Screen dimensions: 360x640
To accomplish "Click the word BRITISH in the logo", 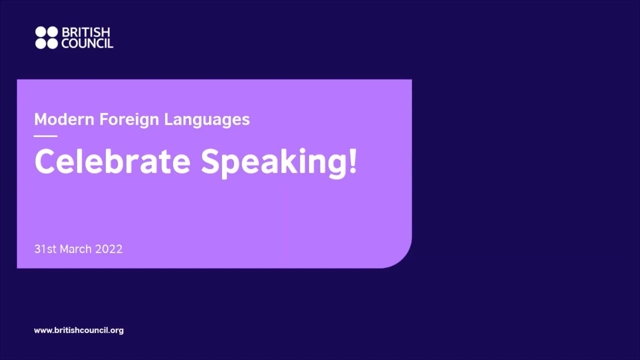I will tap(86, 32).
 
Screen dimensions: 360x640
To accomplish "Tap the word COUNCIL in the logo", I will tap(87, 44).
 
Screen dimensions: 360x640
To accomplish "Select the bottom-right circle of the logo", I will tap(52, 44).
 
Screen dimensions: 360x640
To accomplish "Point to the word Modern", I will tap(64, 119).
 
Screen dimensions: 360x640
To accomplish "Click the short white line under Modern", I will tap(46, 136).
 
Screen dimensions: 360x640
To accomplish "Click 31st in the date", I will tap(45, 249).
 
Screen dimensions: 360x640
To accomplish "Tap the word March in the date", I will tap(76, 249).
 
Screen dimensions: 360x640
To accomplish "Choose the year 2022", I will tap(109, 249).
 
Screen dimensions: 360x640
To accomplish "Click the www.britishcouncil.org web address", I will tap(79, 330).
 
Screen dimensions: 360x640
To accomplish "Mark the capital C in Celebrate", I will tap(45, 161).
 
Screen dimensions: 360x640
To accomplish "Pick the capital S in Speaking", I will tap(211, 161).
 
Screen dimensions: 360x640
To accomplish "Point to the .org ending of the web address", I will tap(116, 331).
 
